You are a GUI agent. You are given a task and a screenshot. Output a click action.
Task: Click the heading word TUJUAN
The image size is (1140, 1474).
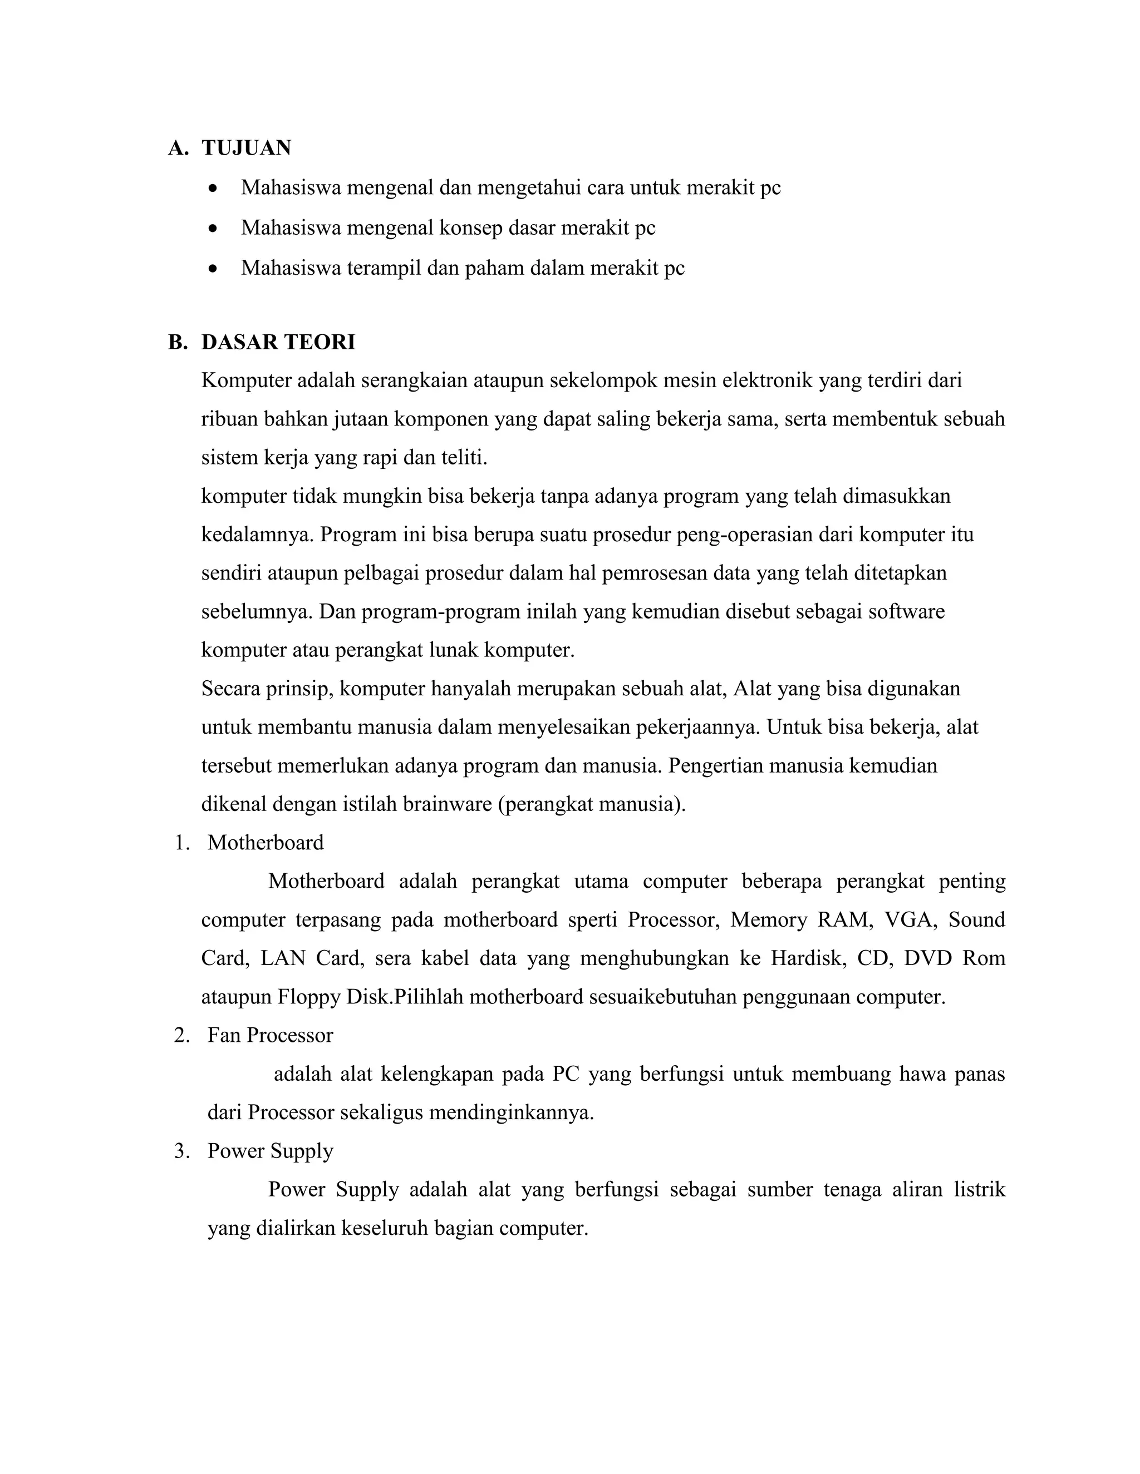click(246, 148)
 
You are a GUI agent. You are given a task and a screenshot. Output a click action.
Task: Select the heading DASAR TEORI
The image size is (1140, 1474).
click(278, 342)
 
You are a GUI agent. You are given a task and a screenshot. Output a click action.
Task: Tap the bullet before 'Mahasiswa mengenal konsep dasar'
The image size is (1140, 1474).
click(213, 228)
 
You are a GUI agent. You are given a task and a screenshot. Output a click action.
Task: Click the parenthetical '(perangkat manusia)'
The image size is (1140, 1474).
click(592, 804)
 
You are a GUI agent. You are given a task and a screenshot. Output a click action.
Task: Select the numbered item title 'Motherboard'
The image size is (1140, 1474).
click(266, 842)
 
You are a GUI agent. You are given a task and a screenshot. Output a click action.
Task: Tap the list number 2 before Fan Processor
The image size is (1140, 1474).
click(181, 1035)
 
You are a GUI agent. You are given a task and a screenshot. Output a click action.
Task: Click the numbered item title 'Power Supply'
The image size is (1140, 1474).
click(270, 1151)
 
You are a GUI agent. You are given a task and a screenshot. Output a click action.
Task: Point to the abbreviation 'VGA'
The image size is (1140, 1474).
click(910, 920)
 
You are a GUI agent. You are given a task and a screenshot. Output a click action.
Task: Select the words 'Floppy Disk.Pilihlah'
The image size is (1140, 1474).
click(370, 997)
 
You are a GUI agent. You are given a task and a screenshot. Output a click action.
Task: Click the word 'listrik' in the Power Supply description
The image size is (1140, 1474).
click(979, 1189)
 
